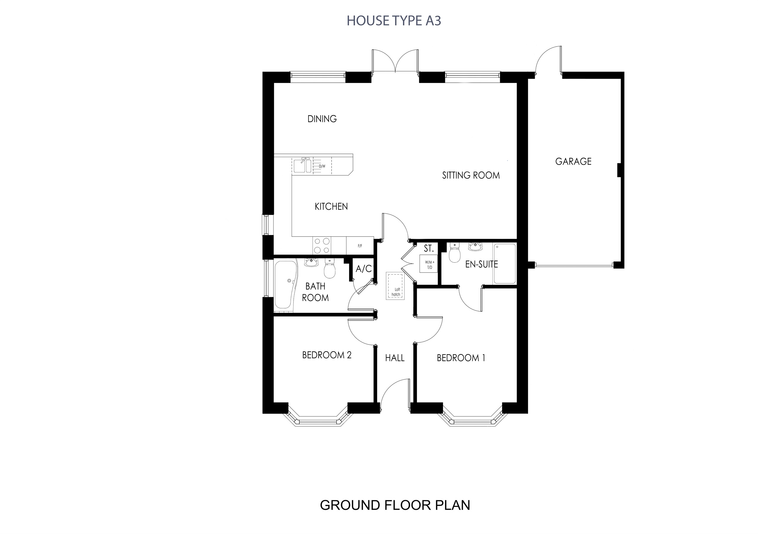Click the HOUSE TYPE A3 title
tap(394, 21)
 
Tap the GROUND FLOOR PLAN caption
tap(395, 505)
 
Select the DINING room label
tap(322, 119)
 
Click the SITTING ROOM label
tap(471, 175)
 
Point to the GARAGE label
tap(573, 162)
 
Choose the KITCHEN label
tap(331, 207)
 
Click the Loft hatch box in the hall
tap(396, 286)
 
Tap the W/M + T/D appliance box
tap(429, 264)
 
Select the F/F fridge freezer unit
tap(360, 246)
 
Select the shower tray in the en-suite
tap(505, 264)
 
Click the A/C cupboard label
tap(364, 269)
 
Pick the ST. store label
tap(428, 249)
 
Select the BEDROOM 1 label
tap(461, 358)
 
